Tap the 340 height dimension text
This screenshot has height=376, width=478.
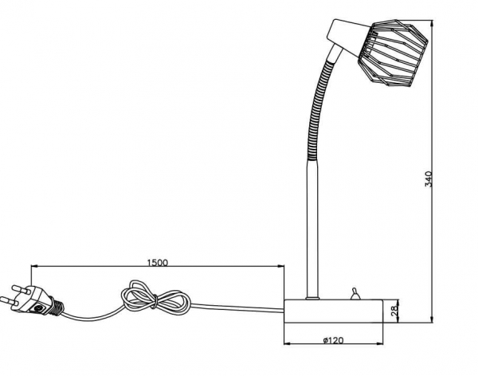pos(431,180)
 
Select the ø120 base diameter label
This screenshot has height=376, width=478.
pos(332,341)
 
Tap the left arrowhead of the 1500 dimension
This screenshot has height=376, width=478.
pos(33,267)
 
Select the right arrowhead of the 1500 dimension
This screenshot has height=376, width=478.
pos(282,267)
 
